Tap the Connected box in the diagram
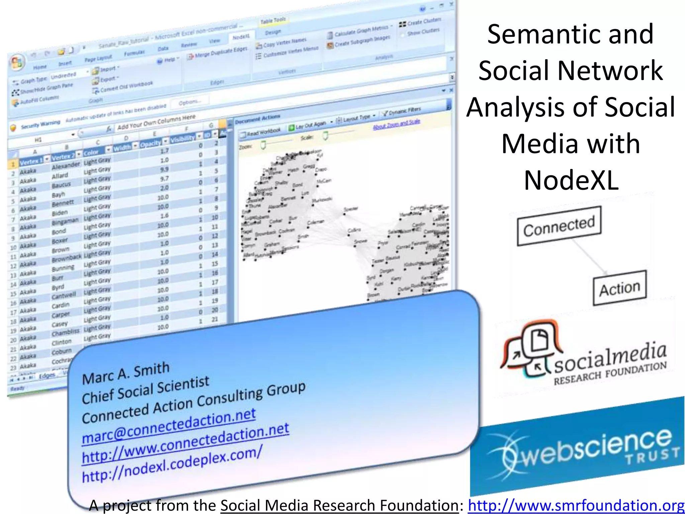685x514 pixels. [559, 226]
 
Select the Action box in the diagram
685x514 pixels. [619, 288]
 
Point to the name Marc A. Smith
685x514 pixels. [126, 373]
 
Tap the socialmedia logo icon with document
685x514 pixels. [532, 350]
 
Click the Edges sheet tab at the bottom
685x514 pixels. [47, 376]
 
